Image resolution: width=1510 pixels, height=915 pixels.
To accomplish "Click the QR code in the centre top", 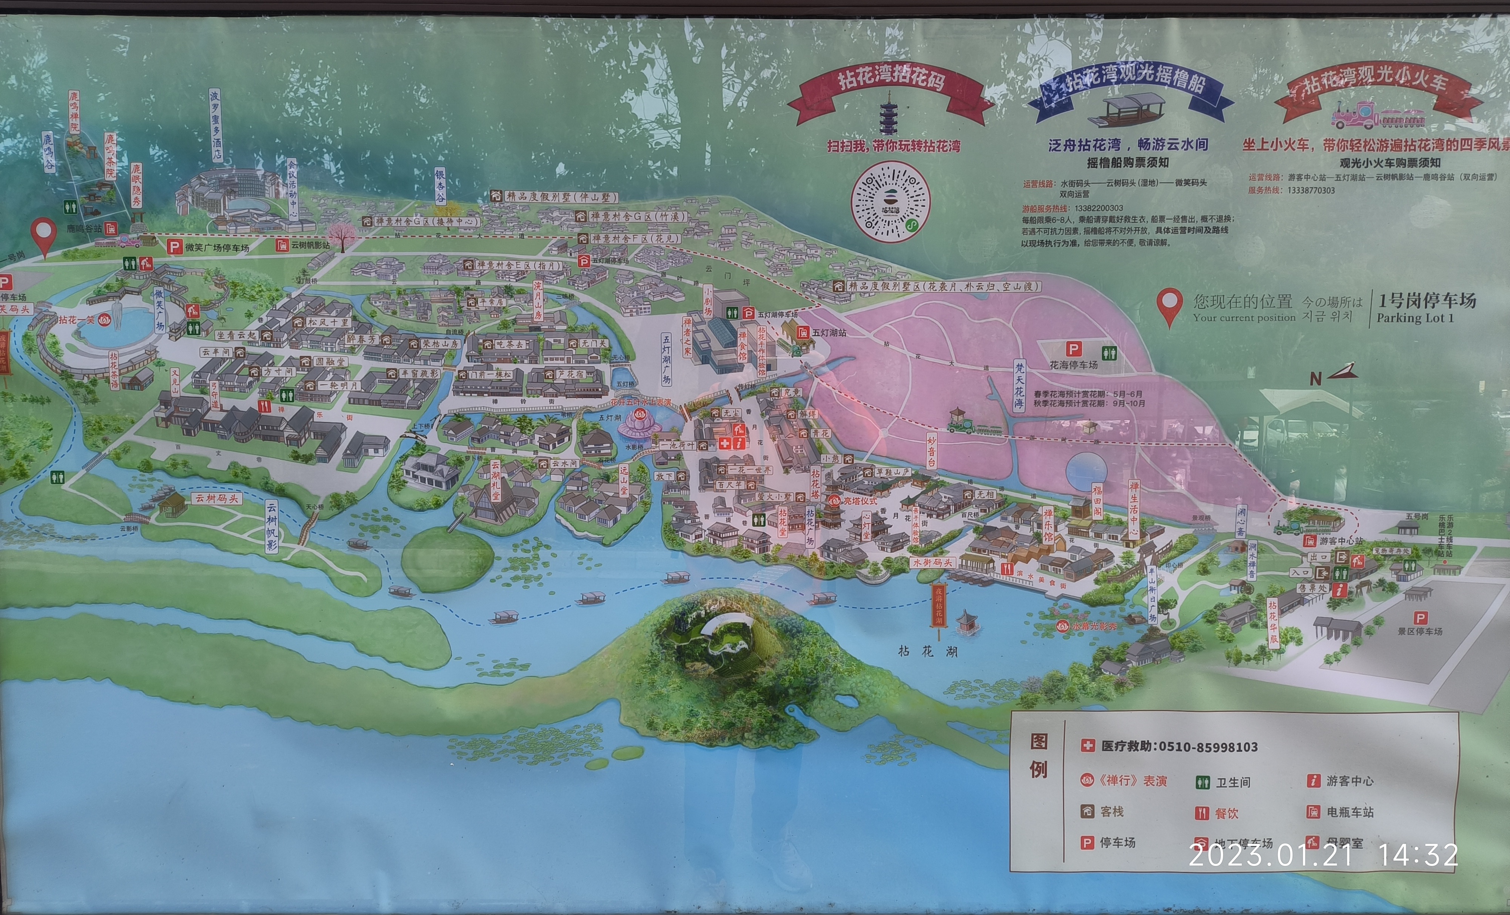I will tap(891, 201).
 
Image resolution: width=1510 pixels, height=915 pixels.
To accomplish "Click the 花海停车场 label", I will tap(1073, 365).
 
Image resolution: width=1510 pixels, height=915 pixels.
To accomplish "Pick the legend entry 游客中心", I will tap(1350, 781).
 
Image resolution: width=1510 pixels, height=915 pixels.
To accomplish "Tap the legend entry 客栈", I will tap(1111, 812).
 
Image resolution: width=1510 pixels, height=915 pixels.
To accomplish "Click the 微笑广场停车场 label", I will tap(217, 248).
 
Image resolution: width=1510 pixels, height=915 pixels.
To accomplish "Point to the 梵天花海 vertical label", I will tap(1018, 385).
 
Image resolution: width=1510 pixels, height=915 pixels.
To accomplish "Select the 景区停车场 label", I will tap(1420, 631).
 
